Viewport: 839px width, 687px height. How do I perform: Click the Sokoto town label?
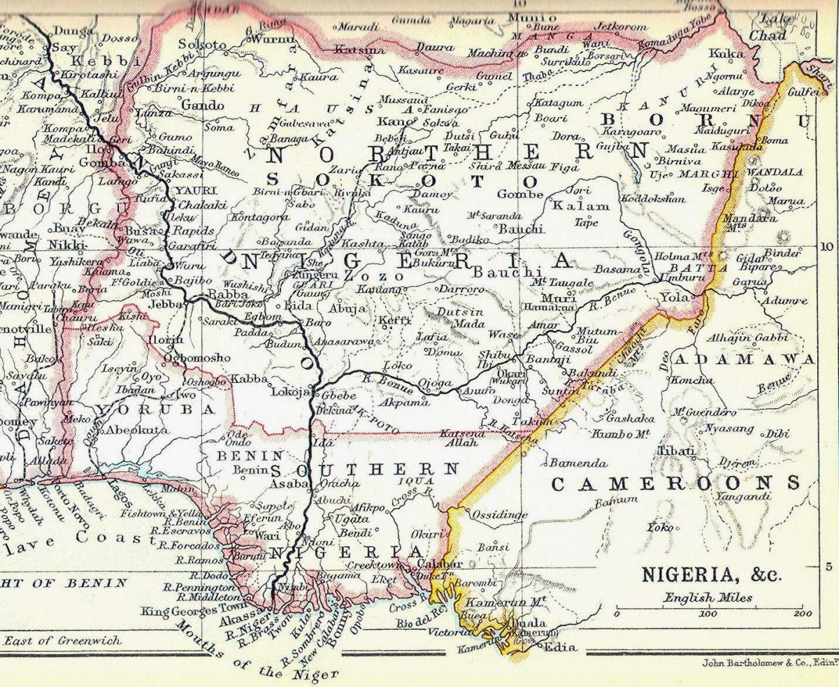[203, 44]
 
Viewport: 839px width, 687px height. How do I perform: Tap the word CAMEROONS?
[675, 483]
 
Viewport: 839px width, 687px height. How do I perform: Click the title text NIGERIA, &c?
[711, 574]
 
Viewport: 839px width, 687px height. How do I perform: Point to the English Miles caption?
[708, 598]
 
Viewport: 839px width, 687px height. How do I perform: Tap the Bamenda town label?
[577, 463]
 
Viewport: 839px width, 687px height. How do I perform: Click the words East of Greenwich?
[62, 639]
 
